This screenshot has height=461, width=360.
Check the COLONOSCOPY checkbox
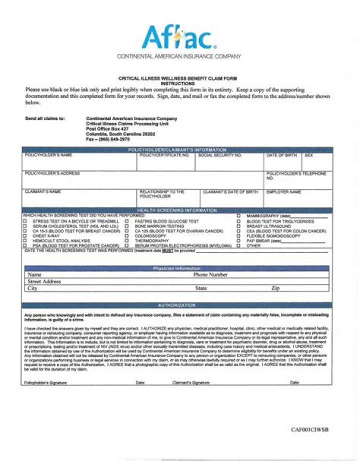pos(127,236)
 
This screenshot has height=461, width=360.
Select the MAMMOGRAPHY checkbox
pos(238,216)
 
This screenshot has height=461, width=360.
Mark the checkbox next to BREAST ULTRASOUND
pos(238,226)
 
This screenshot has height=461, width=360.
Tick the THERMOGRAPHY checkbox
pos(127,241)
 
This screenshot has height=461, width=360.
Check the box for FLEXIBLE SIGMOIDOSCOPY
pos(238,236)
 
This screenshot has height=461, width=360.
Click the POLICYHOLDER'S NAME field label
pos(48,155)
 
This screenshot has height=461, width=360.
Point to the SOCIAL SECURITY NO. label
pos(219,155)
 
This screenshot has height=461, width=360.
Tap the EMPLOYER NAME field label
pos(283,191)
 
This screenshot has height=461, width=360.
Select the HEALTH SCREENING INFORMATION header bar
pos(177,210)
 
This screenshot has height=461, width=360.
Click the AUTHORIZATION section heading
pos(176,305)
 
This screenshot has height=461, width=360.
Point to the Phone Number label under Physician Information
pos(210,275)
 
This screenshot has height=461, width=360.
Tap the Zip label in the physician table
pos(275,288)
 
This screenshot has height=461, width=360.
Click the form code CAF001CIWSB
pos(310,429)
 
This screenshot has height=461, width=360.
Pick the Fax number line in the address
pos(107,139)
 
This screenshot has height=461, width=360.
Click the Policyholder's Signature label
pos(45,382)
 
